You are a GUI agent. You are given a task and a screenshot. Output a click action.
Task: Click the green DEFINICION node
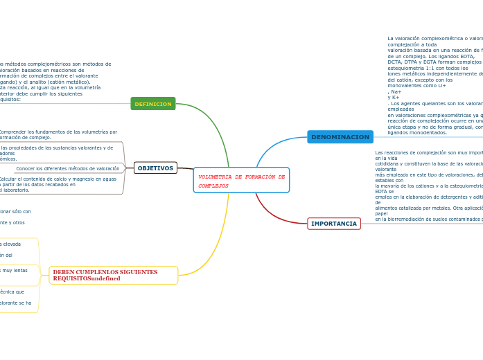point(153,104)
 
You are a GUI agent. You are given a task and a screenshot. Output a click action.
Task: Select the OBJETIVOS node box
point(155,168)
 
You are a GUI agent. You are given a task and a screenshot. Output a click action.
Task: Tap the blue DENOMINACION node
point(340,137)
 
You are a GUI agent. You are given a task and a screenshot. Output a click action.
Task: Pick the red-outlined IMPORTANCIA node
point(334,224)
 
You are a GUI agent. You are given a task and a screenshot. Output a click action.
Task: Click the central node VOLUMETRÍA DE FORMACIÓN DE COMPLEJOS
point(241,180)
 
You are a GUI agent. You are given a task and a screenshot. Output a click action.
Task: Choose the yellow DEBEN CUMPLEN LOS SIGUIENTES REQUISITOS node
point(113,275)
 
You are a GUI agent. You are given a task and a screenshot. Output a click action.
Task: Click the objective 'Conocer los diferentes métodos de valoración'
point(68,168)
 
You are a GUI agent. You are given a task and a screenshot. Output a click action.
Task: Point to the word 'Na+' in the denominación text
point(395,92)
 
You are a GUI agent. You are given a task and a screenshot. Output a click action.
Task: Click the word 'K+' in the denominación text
point(394,98)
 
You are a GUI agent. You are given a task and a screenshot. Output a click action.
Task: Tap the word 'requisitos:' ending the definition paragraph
point(10,99)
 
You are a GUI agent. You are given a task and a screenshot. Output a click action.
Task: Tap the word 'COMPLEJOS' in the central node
point(213,186)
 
